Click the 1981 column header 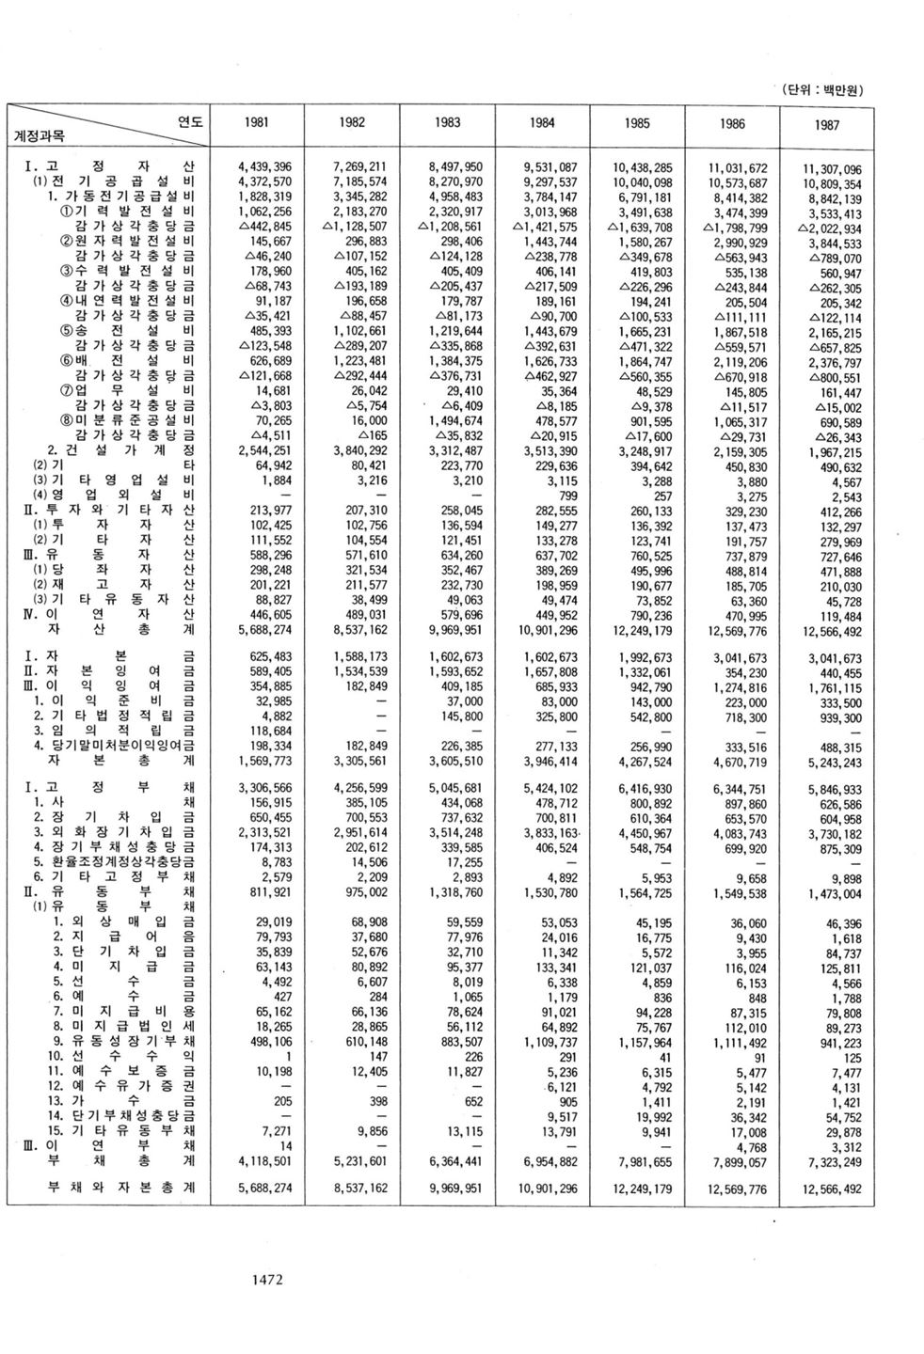pyautogui.click(x=254, y=122)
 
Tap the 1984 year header pyautogui.click(x=541, y=122)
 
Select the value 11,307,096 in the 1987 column pyautogui.click(x=831, y=170)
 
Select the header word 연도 pyautogui.click(x=190, y=120)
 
